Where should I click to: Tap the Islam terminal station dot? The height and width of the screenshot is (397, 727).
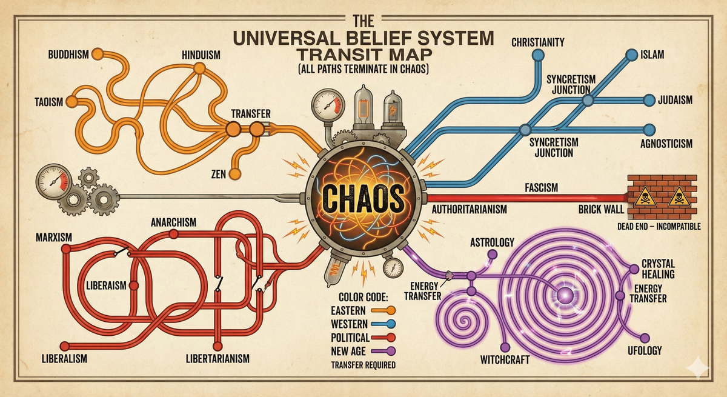click(631, 55)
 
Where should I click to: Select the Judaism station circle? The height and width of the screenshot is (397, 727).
click(649, 99)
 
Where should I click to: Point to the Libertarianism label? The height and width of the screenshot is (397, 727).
click(217, 359)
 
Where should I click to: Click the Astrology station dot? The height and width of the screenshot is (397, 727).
click(493, 254)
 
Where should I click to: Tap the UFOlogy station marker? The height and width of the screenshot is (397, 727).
click(645, 338)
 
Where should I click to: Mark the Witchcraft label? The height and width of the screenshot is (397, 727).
click(505, 359)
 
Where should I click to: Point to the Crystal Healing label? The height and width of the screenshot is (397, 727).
click(658, 269)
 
